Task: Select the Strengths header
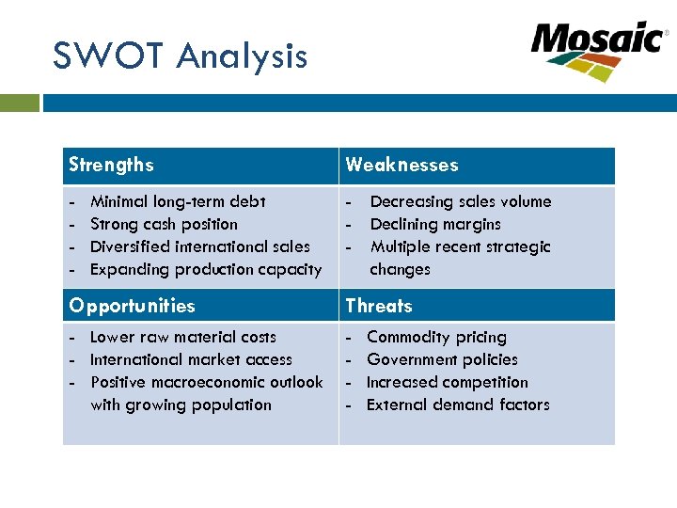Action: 111,165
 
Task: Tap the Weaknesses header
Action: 401,165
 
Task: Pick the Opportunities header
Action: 132,306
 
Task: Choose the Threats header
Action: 378,306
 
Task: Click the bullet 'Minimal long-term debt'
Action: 178,201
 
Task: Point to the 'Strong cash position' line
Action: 164,224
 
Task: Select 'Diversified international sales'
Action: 199,246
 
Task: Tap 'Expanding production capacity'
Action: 205,269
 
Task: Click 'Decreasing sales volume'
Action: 461,201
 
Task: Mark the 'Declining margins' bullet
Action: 435,224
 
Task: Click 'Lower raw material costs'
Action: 183,337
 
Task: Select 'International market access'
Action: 191,359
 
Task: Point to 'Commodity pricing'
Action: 436,337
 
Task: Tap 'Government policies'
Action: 442,359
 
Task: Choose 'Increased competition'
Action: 447,382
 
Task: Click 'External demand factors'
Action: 458,405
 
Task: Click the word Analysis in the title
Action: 241,56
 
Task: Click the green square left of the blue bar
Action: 20,102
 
